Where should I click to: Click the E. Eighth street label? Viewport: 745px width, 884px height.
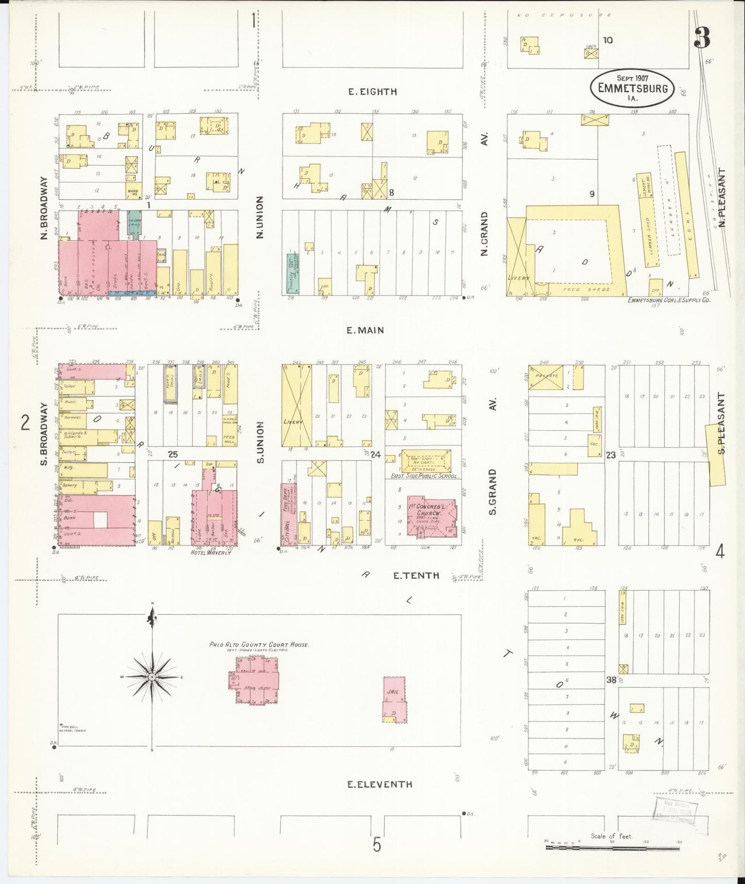click(x=372, y=92)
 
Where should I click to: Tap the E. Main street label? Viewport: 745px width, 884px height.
click(x=365, y=330)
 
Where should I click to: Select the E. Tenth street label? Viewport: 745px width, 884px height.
click(x=416, y=576)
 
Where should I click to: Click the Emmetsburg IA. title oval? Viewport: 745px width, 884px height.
click(x=632, y=88)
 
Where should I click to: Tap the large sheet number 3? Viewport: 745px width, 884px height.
click(x=702, y=38)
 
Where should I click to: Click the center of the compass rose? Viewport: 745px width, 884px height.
click(x=152, y=676)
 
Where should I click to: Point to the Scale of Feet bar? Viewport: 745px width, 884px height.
click(x=612, y=847)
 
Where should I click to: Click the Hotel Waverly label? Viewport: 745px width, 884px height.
click(x=211, y=553)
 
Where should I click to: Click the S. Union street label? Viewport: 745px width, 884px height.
click(x=261, y=442)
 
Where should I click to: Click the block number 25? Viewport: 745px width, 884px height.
click(x=172, y=454)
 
